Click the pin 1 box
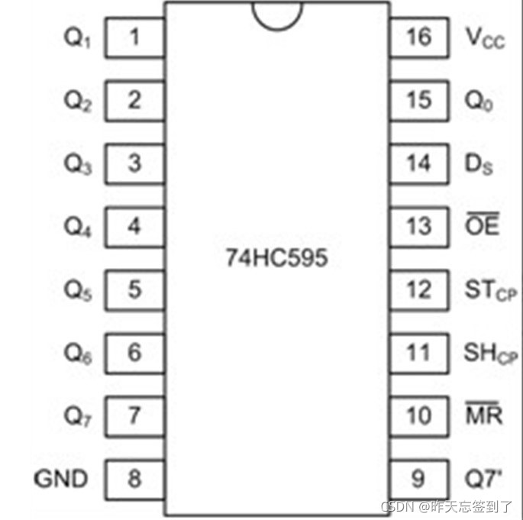point(135,37)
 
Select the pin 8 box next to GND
point(135,479)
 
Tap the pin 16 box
point(418,37)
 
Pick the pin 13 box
point(418,226)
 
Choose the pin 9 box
point(418,479)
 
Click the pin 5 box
point(135,289)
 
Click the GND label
point(61,479)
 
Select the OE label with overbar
point(482,225)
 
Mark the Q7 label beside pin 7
point(77,417)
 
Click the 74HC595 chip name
point(276,258)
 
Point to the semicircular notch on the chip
point(276,13)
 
